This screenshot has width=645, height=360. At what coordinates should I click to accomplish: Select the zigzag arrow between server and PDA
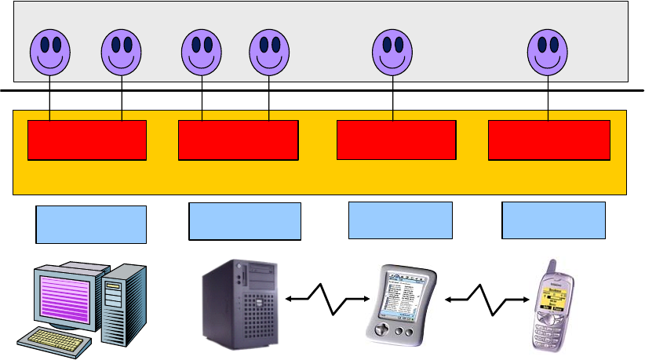point(327,299)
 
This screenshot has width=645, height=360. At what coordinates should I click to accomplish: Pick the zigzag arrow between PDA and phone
point(486,299)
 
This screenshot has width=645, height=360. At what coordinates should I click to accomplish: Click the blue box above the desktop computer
point(91,224)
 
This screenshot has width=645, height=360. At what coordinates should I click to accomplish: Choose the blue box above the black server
point(245,221)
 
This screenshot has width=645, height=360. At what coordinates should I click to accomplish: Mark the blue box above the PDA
point(400,220)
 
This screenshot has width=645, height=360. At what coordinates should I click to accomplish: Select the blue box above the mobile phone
point(553,220)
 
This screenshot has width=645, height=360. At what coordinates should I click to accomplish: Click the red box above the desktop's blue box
point(87,140)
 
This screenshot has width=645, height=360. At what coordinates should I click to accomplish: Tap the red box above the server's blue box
point(239,140)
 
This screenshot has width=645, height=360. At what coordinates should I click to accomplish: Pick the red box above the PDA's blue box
point(396,140)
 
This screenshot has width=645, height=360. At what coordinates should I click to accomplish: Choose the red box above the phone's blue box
point(549,140)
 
